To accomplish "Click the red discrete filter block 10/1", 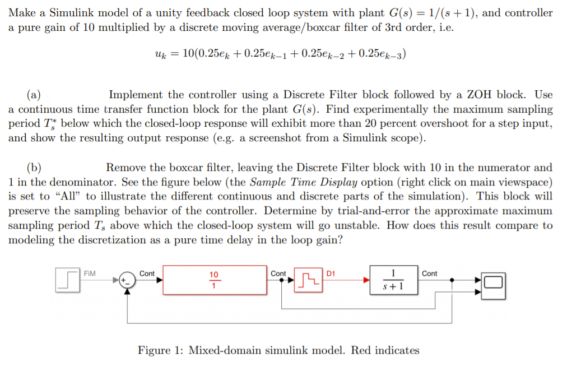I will pos(214,280).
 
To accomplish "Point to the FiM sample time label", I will pos(90,273).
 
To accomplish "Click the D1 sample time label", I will pos(331,273).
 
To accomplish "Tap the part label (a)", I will pos(34,95).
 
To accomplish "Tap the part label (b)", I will pos(34,167).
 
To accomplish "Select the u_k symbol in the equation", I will pos(160,54).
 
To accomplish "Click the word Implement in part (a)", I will pos(135,95).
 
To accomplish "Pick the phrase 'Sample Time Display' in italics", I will pos(295,182).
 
